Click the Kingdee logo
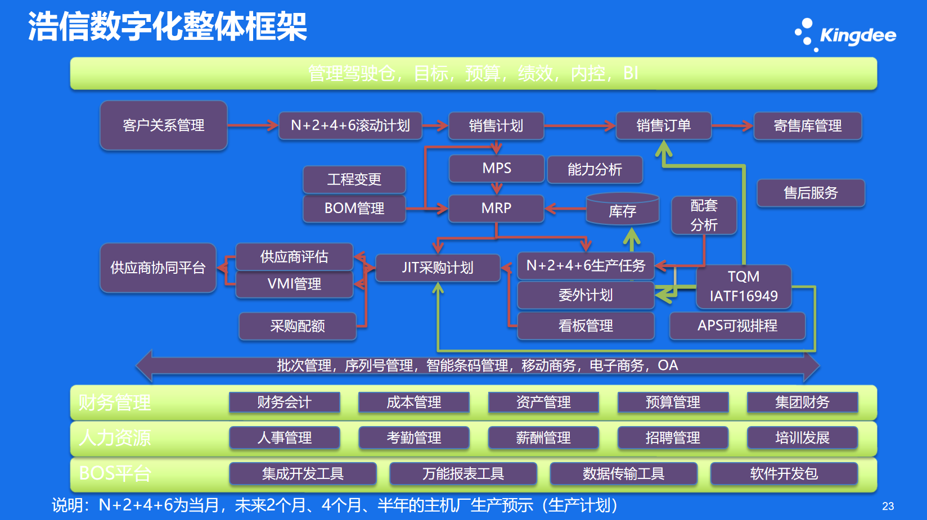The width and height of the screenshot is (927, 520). pyautogui.click(x=845, y=35)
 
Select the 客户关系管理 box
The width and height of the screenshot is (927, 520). pyautogui.click(x=164, y=125)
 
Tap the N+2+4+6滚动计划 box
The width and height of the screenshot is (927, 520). pyautogui.click(x=350, y=125)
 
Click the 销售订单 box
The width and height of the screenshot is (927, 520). pyautogui.click(x=664, y=125)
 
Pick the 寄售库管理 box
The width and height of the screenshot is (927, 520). pyautogui.click(x=807, y=126)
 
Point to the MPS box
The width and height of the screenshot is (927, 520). pyautogui.click(x=497, y=169)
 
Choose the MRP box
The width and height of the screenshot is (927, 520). pyautogui.click(x=496, y=209)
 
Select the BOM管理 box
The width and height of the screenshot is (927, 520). pyautogui.click(x=354, y=209)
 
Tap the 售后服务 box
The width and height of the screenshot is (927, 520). pyautogui.click(x=811, y=193)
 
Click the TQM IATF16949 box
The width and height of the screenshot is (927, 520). pyautogui.click(x=744, y=287)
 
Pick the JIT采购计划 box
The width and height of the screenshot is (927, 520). pyautogui.click(x=438, y=268)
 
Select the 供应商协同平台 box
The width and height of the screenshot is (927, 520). pyautogui.click(x=158, y=268)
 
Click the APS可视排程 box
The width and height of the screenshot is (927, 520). pyautogui.click(x=737, y=326)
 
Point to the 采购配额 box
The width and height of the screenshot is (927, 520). pyautogui.click(x=298, y=326)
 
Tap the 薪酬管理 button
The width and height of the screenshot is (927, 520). pyautogui.click(x=543, y=438)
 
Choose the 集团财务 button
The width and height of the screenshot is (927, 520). pyautogui.click(x=802, y=403)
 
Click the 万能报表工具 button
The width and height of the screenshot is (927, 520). pyautogui.click(x=463, y=474)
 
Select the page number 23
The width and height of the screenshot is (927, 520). pyautogui.click(x=888, y=506)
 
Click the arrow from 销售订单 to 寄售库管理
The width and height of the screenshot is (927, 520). pyautogui.click(x=732, y=126)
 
